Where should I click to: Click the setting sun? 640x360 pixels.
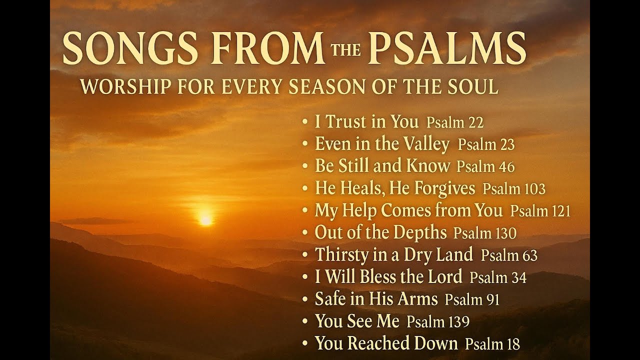tap(205, 219)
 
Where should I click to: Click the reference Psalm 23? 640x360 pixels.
tap(486, 145)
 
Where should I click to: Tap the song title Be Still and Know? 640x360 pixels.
tap(382, 166)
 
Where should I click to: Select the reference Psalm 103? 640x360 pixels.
tap(514, 189)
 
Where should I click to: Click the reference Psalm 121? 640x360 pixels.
tap(540, 211)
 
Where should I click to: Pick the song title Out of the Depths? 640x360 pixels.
tap(380, 232)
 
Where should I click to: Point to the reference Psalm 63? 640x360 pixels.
tap(509, 255)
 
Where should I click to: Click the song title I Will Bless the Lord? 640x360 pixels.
tap(388, 276)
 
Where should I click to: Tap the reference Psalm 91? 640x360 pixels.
tap(472, 299)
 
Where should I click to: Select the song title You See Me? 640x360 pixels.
tap(357, 321)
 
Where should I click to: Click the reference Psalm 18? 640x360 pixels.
tap(492, 344)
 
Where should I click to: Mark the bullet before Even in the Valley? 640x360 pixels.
tap(305, 144)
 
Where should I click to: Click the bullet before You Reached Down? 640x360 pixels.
tap(305, 343)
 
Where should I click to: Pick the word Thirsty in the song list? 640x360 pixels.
tap(338, 255)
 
